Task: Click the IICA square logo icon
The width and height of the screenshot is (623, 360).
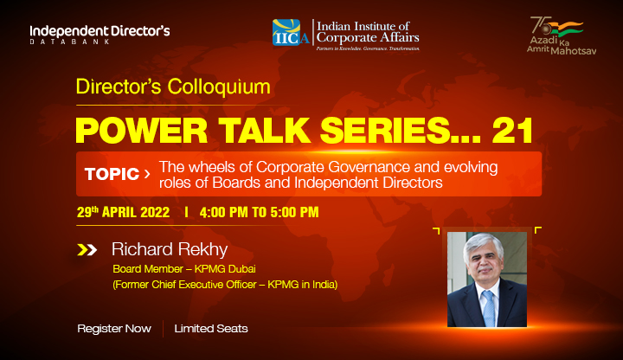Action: click(286, 32)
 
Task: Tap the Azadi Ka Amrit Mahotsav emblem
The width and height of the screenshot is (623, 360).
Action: click(562, 35)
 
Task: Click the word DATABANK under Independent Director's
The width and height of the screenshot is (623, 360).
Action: click(70, 42)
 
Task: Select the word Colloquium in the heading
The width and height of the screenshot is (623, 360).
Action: click(219, 87)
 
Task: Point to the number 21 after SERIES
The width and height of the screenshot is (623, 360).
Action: click(512, 131)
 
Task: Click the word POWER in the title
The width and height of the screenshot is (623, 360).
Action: click(141, 131)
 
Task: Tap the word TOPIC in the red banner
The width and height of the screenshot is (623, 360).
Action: click(112, 174)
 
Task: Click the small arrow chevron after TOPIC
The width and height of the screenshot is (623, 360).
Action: click(147, 174)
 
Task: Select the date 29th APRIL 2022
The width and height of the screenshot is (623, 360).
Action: click(123, 212)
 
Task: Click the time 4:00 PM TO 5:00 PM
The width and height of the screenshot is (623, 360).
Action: click(259, 212)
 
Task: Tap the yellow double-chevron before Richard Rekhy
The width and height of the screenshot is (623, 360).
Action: click(87, 249)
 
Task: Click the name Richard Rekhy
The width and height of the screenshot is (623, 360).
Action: click(170, 249)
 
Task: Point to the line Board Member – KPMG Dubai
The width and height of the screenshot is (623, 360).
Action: click(184, 269)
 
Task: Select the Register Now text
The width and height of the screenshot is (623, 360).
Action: click(114, 329)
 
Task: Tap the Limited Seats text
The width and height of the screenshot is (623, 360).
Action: click(211, 329)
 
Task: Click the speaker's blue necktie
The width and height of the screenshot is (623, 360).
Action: click(488, 308)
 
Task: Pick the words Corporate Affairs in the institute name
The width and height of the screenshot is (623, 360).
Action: click(368, 38)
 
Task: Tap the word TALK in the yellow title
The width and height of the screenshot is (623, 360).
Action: click(264, 131)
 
